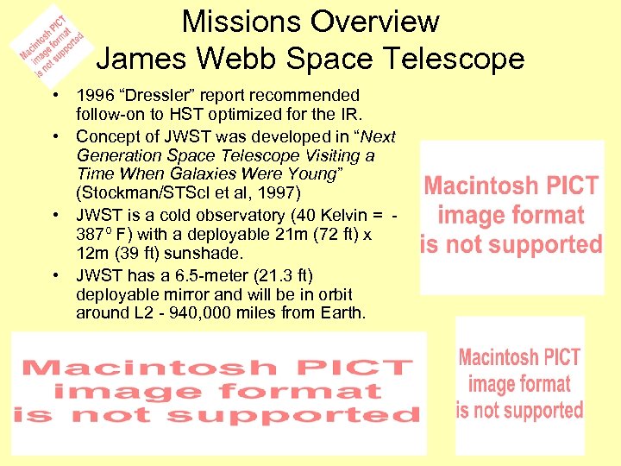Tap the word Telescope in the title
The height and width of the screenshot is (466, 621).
pos(456,59)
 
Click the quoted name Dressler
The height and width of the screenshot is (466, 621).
pos(159,94)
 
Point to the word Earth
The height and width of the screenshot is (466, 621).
pos(343,312)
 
